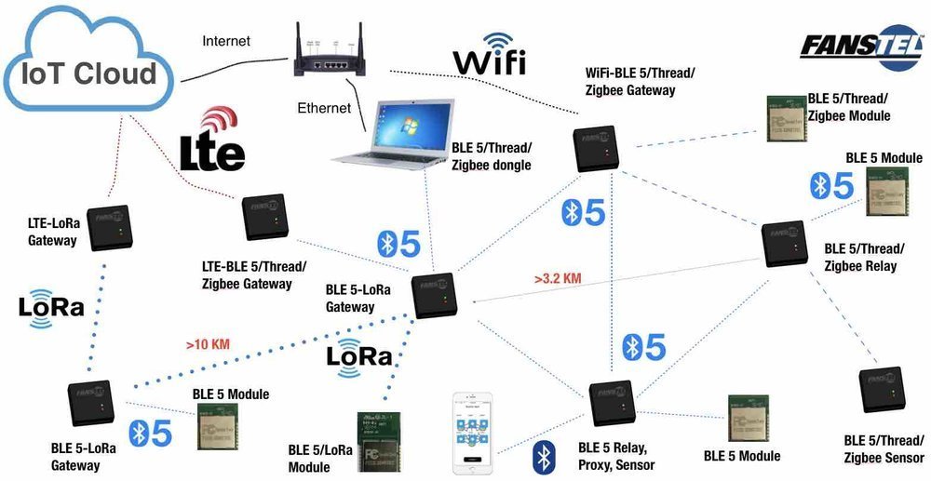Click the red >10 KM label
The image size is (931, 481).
pyautogui.click(x=208, y=344)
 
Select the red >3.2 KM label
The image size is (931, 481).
pyautogui.click(x=559, y=277)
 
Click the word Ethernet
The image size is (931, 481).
pyautogui.click(x=324, y=108)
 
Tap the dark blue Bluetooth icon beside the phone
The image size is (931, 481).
pyautogui.click(x=544, y=458)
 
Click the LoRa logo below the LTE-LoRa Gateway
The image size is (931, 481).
pyautogui.click(x=51, y=309)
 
